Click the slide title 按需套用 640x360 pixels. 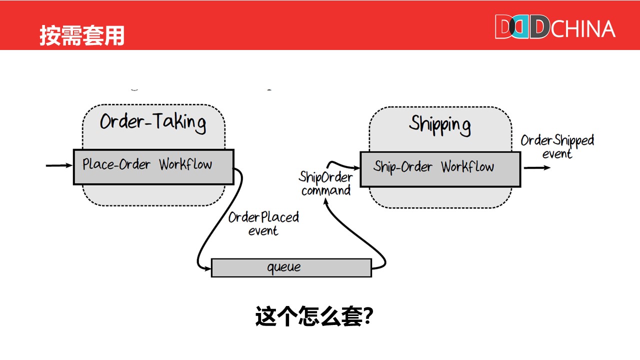pos(82,36)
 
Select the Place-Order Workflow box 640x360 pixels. pos(153,166)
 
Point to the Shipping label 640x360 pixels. pos(439,124)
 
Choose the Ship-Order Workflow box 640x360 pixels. pos(440,169)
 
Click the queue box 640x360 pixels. pos(291,267)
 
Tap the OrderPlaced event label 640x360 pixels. pos(263,223)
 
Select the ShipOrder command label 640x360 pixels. pos(325,183)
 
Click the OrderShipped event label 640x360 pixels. pos(557,146)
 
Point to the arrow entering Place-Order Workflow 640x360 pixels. pos(59,165)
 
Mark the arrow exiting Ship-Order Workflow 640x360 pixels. pos(536,168)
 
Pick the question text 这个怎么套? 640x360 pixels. pos(314,316)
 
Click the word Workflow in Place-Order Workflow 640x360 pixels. pos(185,164)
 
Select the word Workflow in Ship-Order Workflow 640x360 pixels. pos(467,167)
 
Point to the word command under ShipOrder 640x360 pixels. pos(325,190)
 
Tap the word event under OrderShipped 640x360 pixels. pos(557,154)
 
